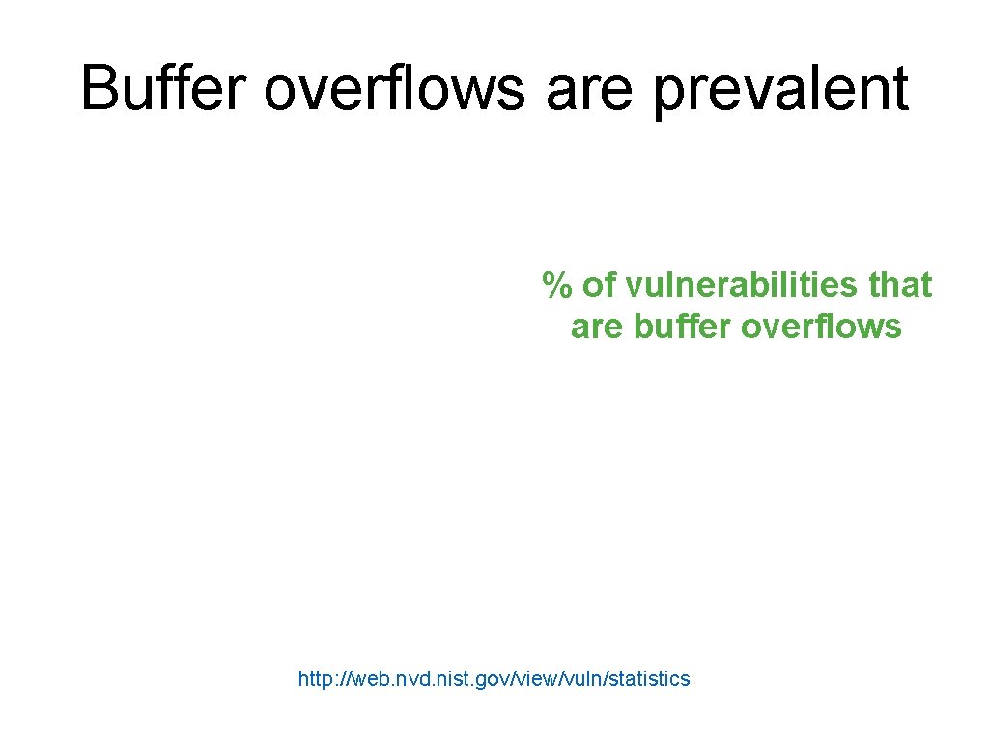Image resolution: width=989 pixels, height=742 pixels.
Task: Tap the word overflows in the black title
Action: pyautogui.click(x=394, y=88)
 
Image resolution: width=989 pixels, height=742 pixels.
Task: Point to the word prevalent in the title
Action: pyautogui.click(x=781, y=90)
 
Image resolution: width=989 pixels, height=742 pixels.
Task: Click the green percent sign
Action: pyautogui.click(x=553, y=285)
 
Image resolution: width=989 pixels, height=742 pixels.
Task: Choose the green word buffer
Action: pyautogui.click(x=683, y=328)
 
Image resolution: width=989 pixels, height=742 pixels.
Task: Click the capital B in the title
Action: pyautogui.click(x=97, y=88)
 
